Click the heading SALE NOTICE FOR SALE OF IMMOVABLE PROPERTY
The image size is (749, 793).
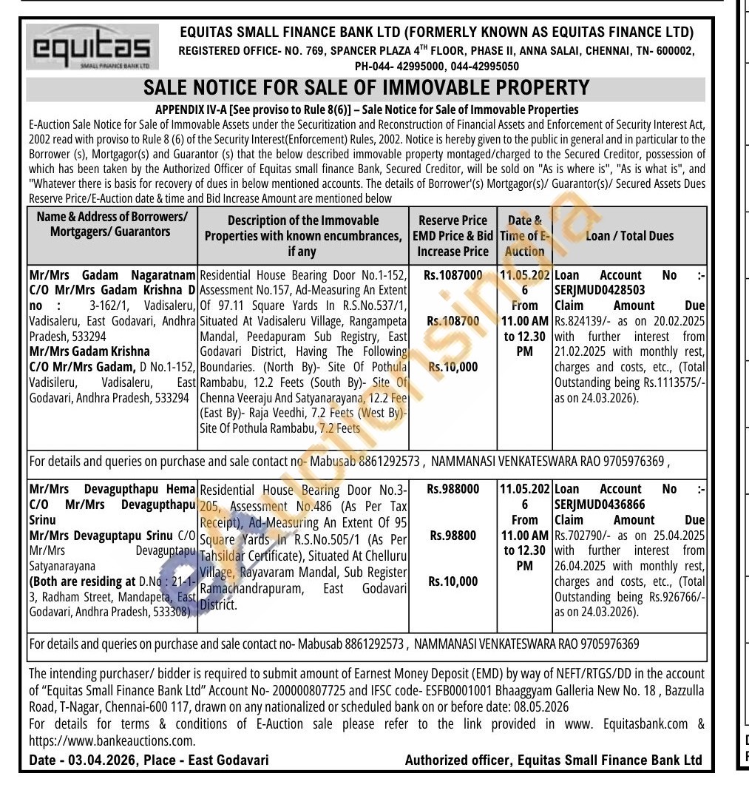pyautogui.click(x=366, y=87)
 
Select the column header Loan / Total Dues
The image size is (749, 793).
pyautogui.click(x=629, y=236)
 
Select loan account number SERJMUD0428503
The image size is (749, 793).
pyautogui.click(x=599, y=290)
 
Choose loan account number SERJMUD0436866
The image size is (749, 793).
pyautogui.click(x=599, y=504)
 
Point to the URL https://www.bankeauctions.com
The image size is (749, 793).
pyautogui.click(x=112, y=740)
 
